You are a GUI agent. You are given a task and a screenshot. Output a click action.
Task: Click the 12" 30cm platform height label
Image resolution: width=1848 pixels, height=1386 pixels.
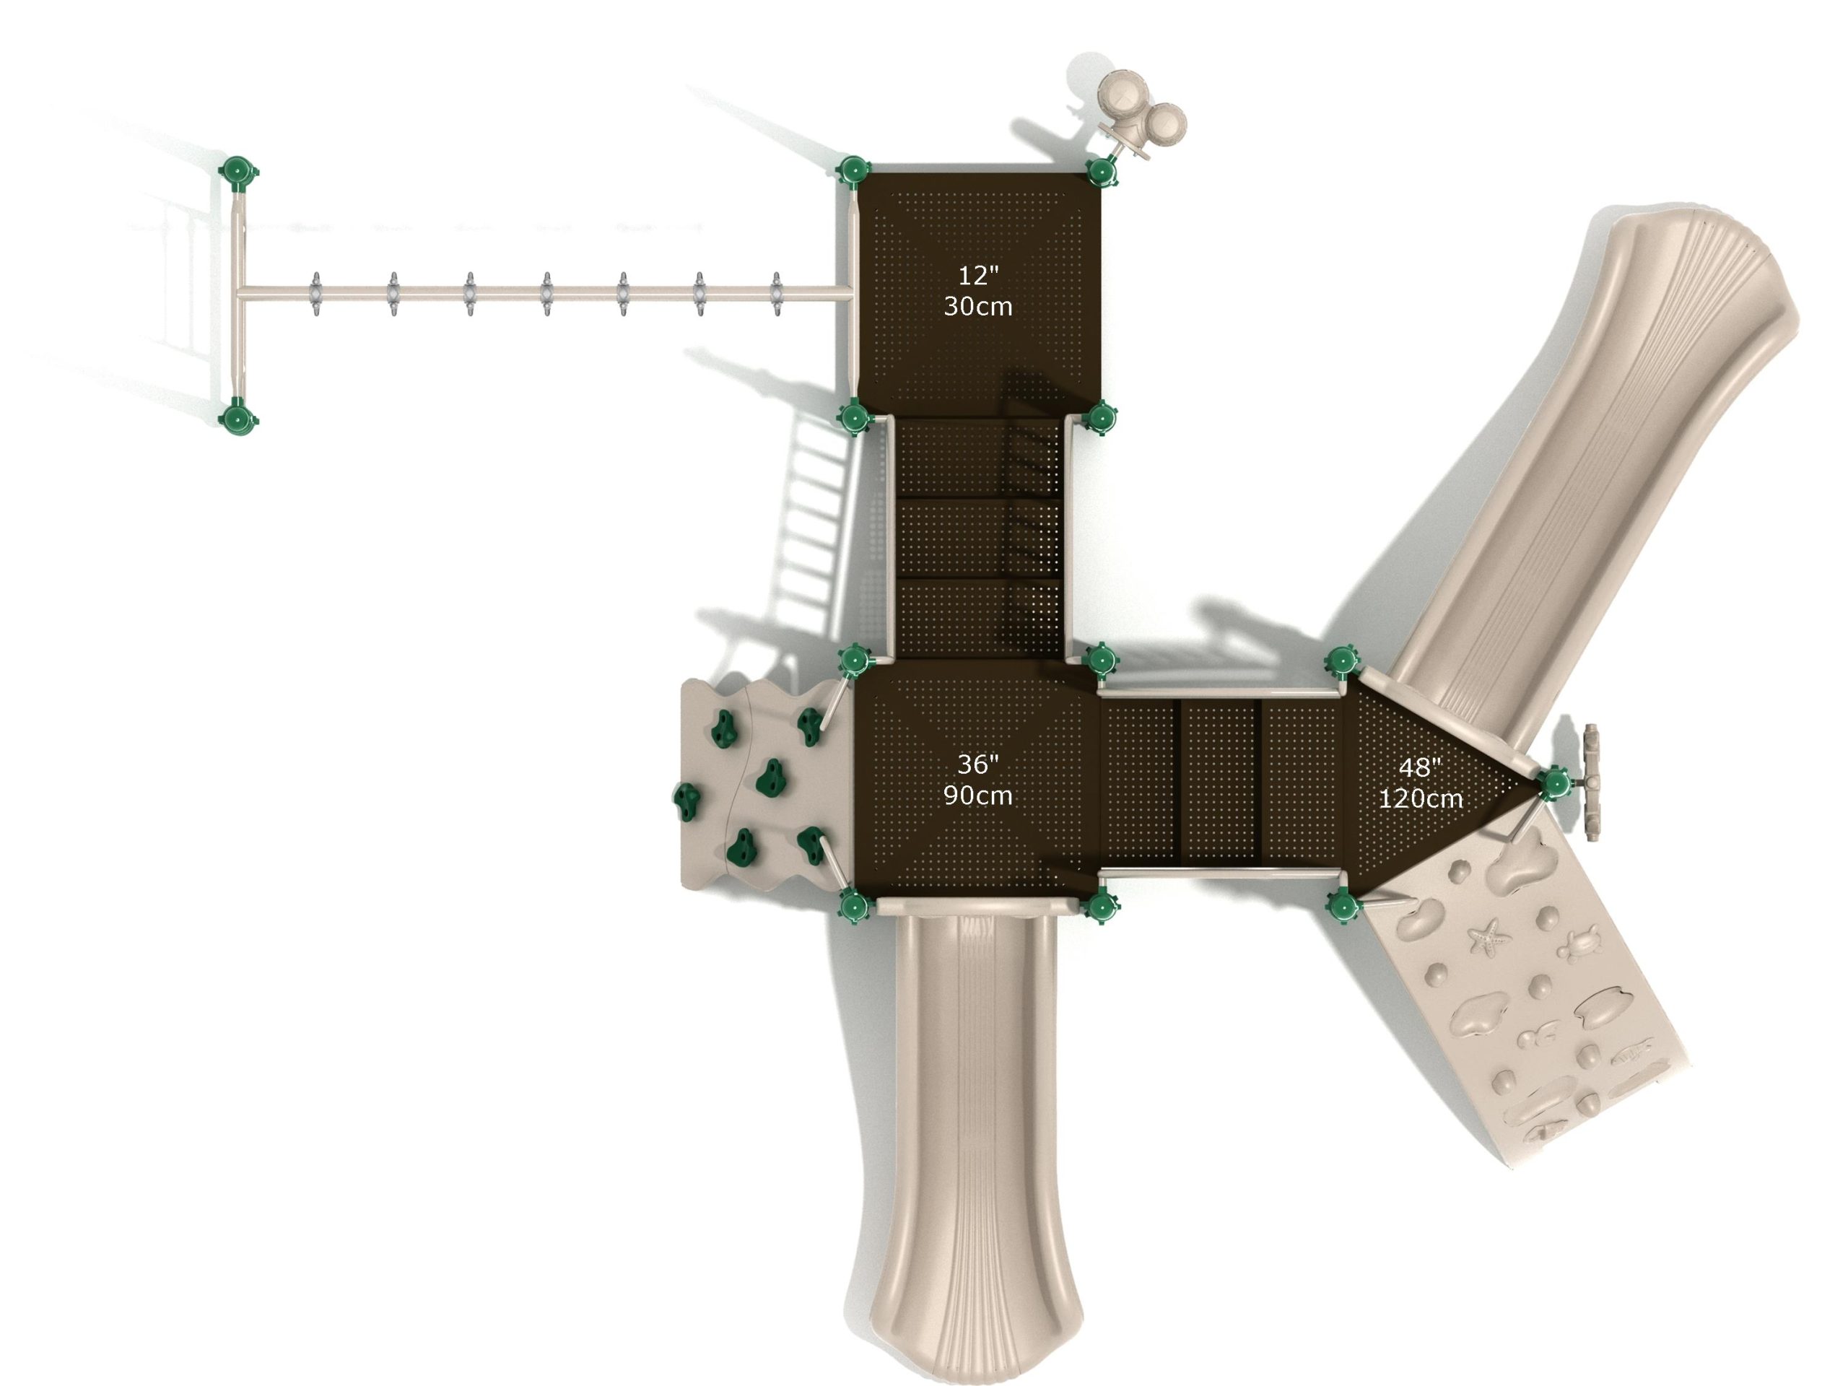tap(977, 291)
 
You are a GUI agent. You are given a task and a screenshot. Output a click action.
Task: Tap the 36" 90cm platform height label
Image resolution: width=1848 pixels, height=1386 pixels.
tap(977, 780)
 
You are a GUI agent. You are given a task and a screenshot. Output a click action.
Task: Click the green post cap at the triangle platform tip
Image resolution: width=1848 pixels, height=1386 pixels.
tap(1554, 783)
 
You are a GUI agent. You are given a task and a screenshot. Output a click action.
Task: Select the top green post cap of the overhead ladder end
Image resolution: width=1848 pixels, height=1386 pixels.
tap(238, 172)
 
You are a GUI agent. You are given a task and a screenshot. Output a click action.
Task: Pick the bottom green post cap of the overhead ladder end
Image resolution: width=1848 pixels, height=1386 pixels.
tap(238, 415)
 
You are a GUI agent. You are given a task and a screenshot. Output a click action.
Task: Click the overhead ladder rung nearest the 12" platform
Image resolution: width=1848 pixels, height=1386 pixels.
tap(776, 294)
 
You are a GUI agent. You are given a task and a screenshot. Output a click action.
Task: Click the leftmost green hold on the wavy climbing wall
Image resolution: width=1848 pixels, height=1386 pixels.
tap(689, 801)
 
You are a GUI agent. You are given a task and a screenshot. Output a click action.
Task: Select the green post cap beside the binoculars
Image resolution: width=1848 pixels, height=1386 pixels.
tap(1102, 171)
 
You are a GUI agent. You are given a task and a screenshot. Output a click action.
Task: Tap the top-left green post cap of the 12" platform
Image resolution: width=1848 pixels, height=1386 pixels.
tap(853, 171)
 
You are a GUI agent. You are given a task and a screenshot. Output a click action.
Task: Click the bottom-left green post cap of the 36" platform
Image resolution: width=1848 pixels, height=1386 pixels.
tap(853, 904)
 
